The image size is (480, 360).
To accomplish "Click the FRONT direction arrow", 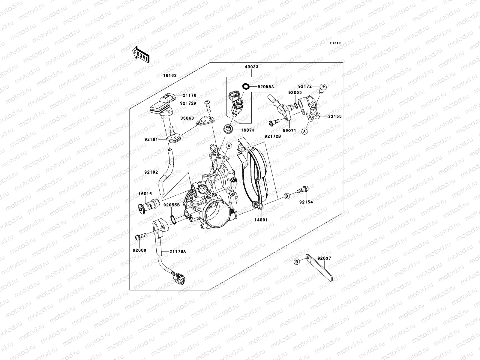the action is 141,54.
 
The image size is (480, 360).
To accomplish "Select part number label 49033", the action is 251,67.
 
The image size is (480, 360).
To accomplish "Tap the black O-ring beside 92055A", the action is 246,87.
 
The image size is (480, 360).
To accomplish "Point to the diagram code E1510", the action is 335,43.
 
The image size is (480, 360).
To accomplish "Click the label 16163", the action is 170,75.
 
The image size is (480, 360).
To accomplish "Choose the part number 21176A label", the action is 178,252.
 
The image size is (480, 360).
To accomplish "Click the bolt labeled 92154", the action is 303,189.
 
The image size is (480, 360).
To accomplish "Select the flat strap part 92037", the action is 319,268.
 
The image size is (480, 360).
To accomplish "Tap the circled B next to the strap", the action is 296,262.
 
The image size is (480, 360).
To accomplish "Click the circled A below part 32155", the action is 304,132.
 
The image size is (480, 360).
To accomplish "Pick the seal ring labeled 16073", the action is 228,129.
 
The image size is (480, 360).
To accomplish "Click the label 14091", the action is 261,220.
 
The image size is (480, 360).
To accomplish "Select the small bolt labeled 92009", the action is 141,237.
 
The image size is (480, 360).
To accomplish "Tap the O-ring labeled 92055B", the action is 173,219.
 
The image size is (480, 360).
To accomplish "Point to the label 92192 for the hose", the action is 151,172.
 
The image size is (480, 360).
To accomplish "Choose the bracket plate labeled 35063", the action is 205,120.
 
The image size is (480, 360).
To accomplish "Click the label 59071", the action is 289,131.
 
